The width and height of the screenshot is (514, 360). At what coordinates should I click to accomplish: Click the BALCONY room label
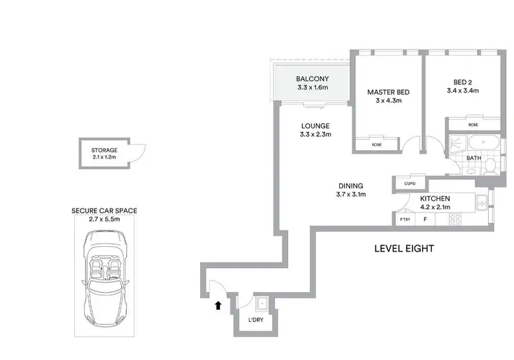point(313,79)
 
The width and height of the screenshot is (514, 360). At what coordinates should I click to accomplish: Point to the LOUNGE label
point(315,126)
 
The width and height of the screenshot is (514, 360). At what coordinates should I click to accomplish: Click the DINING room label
point(350,186)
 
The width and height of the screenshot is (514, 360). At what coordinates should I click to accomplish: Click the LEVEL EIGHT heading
point(404,249)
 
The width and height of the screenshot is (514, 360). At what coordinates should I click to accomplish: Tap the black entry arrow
point(218,306)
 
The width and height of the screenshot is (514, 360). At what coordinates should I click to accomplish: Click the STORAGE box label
point(104,150)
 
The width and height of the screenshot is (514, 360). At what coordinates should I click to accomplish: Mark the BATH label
point(474,158)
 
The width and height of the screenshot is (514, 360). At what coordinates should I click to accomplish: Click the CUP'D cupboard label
point(411,183)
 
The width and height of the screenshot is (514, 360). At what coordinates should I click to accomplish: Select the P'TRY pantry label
point(404,219)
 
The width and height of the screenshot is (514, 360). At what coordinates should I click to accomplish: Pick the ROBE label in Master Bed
point(376,145)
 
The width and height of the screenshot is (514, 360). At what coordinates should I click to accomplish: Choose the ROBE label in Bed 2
point(473,125)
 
